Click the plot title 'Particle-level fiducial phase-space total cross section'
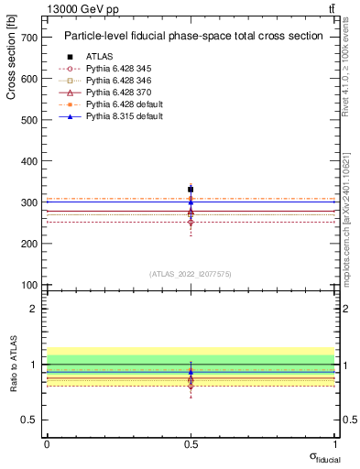pos(192,37)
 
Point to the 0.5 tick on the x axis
pos(191,444)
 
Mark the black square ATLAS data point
pos(191,190)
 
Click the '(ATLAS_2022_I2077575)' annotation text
pos(191,273)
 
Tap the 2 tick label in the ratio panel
pos(33,309)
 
